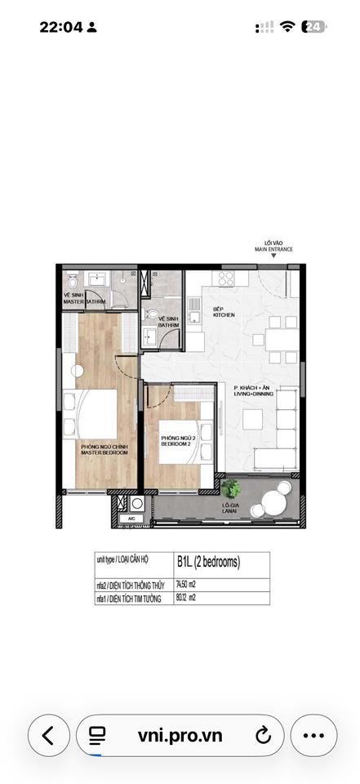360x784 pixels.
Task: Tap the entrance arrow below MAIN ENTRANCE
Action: coord(273,256)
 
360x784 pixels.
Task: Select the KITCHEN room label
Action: coord(224,312)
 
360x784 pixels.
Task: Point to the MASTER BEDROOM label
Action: coord(104,449)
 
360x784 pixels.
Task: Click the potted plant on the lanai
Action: coord(231,488)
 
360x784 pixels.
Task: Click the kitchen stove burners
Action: coord(225,278)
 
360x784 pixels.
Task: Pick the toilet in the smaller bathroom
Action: coord(150,314)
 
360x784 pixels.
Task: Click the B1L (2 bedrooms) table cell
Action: coord(208,562)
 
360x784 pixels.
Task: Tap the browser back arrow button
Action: coord(48,735)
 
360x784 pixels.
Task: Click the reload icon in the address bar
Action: coord(263,735)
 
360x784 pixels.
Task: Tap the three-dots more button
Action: coord(313,735)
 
